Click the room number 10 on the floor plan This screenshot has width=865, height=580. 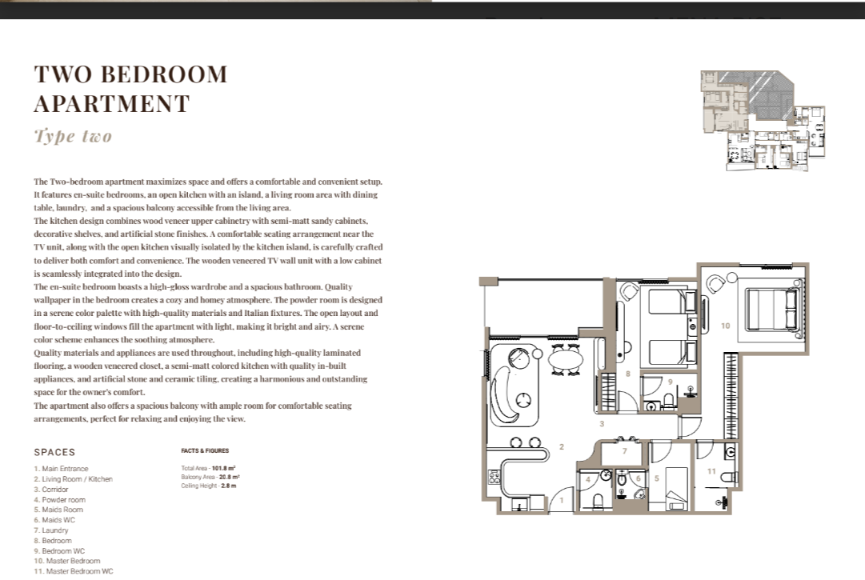(726, 326)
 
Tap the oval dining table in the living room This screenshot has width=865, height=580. (566, 359)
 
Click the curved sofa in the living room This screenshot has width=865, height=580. (507, 395)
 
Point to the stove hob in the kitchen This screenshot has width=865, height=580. (494, 477)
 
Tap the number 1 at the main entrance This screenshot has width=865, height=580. (562, 501)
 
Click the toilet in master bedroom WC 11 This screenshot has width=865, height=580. (728, 477)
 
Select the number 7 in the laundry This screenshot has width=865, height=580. (624, 451)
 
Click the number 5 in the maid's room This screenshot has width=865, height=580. (656, 478)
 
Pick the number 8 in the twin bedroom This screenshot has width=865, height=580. (628, 374)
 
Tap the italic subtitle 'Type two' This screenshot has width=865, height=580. (73, 136)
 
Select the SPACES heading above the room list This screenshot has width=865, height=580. (54, 452)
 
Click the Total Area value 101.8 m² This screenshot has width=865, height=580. (223, 468)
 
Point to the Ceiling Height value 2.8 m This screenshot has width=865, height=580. (228, 486)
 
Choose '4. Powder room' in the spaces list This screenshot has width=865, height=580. (59, 499)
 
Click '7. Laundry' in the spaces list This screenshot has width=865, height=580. (51, 530)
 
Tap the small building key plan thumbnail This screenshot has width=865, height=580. (763, 120)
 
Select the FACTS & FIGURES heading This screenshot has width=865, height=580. (205, 450)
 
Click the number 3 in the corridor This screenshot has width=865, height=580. (602, 424)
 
